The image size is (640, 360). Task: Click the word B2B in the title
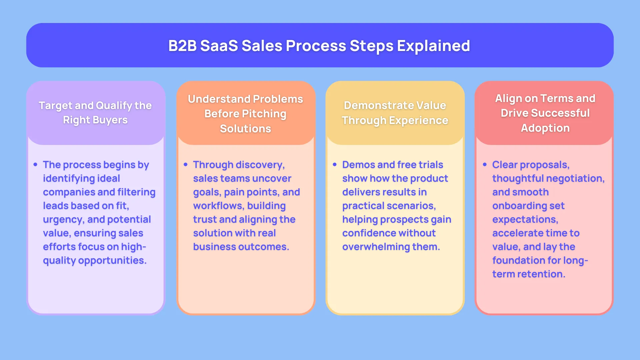(x=182, y=46)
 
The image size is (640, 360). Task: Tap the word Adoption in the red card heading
(x=545, y=128)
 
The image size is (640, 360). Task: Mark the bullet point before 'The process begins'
(x=35, y=165)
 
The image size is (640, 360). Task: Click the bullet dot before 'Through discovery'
(x=186, y=165)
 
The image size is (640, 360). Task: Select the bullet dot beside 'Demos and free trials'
(x=335, y=165)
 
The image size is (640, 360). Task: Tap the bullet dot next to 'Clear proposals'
(x=485, y=165)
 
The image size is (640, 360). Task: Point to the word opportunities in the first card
(x=112, y=261)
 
